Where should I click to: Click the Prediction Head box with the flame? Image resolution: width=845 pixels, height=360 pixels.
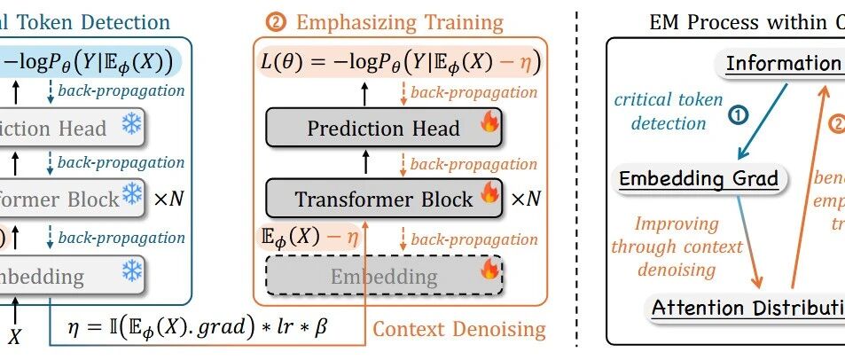coord(384,129)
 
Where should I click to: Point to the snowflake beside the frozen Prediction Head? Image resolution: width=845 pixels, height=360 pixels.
coord(132,126)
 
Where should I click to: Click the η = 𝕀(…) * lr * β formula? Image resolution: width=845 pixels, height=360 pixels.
coord(197,327)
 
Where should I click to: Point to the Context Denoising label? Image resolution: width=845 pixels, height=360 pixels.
coord(458,330)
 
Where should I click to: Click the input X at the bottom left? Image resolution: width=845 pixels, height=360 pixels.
coord(14,336)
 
